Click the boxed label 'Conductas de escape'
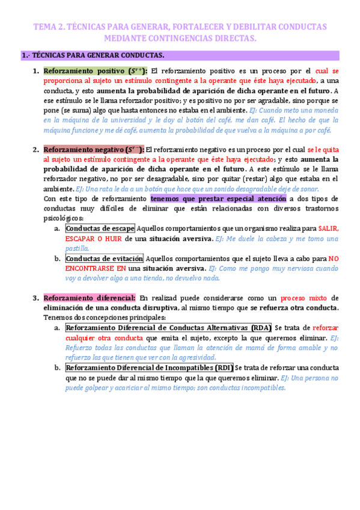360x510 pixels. [100, 229]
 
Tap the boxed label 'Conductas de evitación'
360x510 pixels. [104, 259]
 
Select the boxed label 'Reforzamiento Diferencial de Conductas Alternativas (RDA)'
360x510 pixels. [168, 328]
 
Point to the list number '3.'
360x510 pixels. [36, 298]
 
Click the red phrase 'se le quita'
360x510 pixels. [323, 150]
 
